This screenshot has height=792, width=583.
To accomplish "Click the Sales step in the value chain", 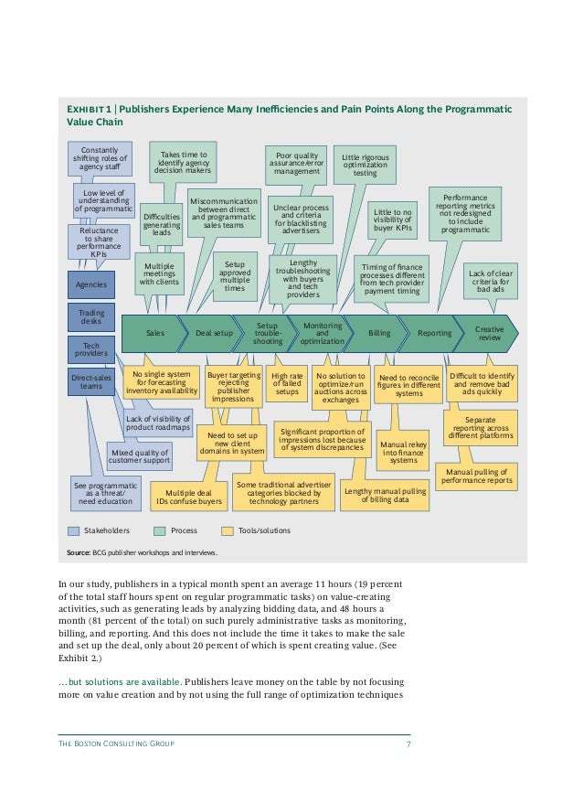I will click(x=155, y=334).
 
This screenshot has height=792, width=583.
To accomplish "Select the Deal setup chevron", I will click(x=215, y=334).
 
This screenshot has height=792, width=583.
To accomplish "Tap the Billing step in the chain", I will click(x=378, y=334).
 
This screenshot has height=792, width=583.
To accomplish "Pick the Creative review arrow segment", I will click(x=490, y=334).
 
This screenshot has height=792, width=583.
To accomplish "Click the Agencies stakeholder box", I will click(x=91, y=284).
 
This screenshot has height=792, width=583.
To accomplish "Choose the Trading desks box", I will click(x=91, y=317).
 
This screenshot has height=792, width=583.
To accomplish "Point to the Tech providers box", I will click(x=91, y=348).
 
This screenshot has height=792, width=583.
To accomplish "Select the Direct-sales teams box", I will click(x=91, y=381).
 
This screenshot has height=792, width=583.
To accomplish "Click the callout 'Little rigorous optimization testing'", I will click(x=365, y=165).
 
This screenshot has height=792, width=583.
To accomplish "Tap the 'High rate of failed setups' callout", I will click(x=288, y=383).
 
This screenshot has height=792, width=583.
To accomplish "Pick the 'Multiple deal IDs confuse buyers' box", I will click(x=187, y=497).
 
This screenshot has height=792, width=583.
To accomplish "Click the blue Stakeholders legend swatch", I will click(x=74, y=530).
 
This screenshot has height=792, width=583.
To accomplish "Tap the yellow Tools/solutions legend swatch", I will click(x=228, y=530).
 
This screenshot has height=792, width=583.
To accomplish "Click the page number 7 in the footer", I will click(x=408, y=744).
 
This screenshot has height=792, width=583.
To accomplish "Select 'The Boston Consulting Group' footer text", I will click(x=116, y=744).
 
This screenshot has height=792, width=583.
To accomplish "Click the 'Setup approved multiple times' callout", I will click(x=235, y=276).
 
